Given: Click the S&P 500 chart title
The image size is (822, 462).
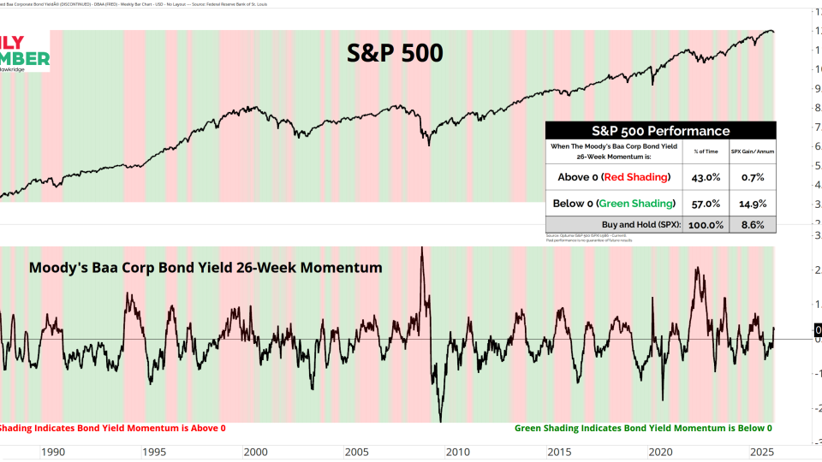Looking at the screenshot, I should tap(395, 53).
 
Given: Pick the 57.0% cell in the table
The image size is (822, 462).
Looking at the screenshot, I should tap(706, 204).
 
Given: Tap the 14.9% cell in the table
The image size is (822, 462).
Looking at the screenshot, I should tap(753, 204).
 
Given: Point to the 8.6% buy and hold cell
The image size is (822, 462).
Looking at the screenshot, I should tap(753, 225).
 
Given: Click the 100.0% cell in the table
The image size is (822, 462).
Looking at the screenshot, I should tap(706, 225).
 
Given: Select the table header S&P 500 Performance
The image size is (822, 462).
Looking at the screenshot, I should tap(660, 131).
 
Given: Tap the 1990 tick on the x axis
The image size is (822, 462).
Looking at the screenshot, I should tap(53, 452).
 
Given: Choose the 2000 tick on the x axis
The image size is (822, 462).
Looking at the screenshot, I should tap(255, 452).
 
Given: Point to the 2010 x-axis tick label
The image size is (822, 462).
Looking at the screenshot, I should tap(457, 452).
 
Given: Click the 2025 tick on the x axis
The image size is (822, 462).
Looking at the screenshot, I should tap(760, 452).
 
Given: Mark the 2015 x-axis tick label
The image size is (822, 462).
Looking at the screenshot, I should tap(558, 452).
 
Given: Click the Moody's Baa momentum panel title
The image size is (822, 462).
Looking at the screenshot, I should tap(205, 268).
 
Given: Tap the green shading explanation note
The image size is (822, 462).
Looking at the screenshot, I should tap(643, 428).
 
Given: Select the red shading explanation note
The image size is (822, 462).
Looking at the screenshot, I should tap(111, 428).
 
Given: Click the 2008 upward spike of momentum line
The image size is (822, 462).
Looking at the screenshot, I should tap(421, 249).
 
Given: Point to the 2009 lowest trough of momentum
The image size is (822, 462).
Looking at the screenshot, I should tap(441, 420).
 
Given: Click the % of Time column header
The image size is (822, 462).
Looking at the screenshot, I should tap(706, 151).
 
